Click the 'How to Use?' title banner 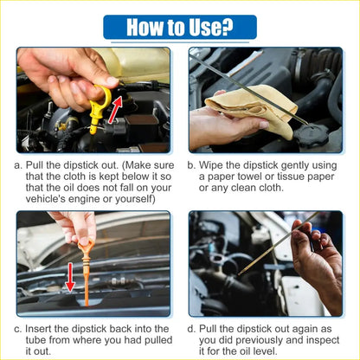180,26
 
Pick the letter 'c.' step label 18,330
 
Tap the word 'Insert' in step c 42,330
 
